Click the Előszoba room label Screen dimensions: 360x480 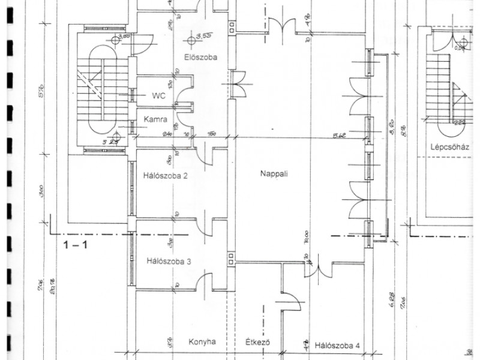tap(200, 58)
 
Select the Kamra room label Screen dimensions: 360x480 tap(155, 120)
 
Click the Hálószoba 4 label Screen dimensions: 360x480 tap(337, 345)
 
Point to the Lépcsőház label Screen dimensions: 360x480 tap(448, 146)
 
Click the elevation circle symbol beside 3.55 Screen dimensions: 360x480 tap(191, 40)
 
